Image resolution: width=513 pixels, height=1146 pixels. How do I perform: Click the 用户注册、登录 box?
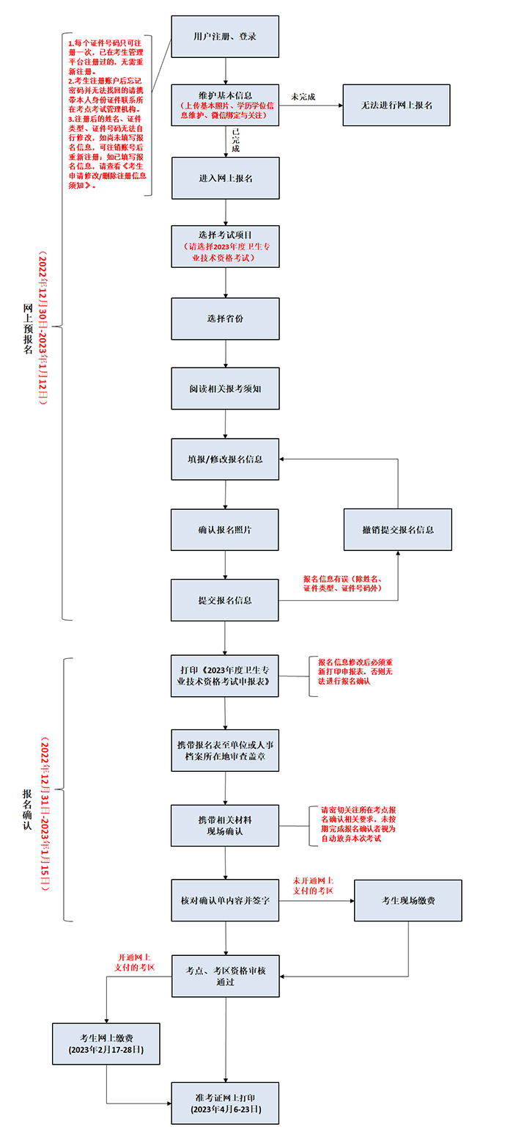coord(225,37)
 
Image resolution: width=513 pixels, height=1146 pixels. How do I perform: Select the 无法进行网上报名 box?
coord(396,106)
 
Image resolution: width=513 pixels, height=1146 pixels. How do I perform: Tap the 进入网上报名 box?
coord(225,178)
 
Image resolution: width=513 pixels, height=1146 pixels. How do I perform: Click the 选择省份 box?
coord(225,318)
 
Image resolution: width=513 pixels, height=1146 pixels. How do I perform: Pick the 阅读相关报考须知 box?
coord(225,389)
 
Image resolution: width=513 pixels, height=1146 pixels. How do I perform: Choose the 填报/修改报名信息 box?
coord(225,459)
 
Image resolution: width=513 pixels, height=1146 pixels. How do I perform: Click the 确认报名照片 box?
coord(225,530)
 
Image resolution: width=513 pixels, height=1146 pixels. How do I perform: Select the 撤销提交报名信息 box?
coord(397,530)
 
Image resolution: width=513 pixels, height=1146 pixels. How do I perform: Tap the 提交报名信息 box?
coord(225,600)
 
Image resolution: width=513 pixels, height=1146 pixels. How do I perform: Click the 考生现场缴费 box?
coord(408,900)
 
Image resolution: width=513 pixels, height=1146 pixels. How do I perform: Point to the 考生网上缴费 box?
coord(106,1044)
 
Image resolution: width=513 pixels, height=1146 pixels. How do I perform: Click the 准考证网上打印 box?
coord(225,1103)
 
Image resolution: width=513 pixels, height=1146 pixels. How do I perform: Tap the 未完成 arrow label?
coord(303,97)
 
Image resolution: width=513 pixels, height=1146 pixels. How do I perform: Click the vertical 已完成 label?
coord(235,140)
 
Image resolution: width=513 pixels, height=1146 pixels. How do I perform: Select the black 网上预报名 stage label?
coord(28,329)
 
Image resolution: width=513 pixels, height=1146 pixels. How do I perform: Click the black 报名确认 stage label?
coord(27,809)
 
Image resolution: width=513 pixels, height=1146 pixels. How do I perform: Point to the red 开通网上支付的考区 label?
coord(135,962)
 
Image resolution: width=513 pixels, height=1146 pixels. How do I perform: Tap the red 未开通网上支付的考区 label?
coord(313,886)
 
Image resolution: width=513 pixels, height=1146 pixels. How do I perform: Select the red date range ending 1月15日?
coord(45,814)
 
